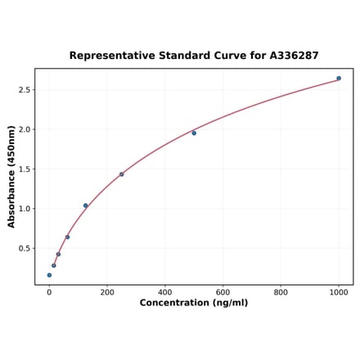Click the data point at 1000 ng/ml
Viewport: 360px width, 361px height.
tap(339, 79)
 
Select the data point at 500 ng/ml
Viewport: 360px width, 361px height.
tap(194, 133)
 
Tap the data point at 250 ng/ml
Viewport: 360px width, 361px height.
tap(122, 174)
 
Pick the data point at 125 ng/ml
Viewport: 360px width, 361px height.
tap(85, 205)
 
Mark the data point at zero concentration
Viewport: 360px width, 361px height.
tap(49, 275)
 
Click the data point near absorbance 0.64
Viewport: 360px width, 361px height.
tap(67, 237)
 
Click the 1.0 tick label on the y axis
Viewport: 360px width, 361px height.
tap(24, 209)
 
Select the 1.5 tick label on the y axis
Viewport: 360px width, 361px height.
tap(24, 169)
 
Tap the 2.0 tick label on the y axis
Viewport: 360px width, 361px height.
tap(24, 129)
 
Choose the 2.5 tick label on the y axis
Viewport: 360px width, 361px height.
tap(24, 90)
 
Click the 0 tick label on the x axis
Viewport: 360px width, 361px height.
tap(49, 291)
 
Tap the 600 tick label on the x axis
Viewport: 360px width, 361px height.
tap(223, 291)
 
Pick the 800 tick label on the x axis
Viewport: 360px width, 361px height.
tap(281, 291)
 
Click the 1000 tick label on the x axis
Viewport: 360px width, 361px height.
tap(339, 291)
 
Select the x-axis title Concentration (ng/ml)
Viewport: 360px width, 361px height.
tap(194, 303)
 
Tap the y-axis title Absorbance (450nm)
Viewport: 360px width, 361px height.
tap(11, 176)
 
